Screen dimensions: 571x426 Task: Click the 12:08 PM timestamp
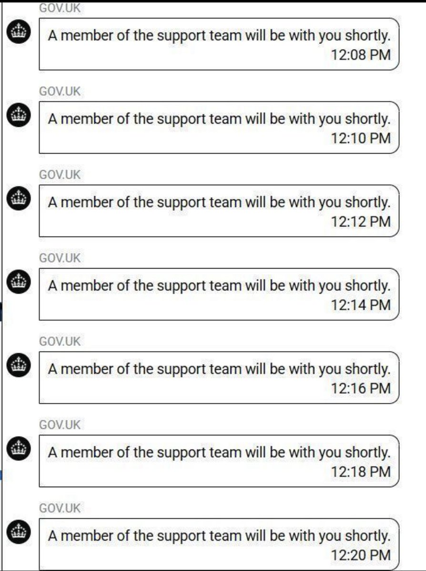point(361,55)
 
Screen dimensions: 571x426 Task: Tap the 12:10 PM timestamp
point(361,138)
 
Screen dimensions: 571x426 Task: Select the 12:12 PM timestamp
point(361,221)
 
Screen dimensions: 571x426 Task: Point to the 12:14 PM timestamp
point(361,305)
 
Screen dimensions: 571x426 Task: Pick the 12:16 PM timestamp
point(361,388)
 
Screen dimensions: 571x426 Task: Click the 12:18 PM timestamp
point(361,471)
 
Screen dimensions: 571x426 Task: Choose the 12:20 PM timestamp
point(361,555)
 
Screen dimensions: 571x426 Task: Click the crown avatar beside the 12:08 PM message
point(19,33)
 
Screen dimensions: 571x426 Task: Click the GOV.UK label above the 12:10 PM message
point(60,91)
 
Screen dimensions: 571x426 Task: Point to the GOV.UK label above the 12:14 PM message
point(60,258)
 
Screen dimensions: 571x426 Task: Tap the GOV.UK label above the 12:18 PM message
point(60,425)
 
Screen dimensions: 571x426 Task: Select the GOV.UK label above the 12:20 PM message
point(60,508)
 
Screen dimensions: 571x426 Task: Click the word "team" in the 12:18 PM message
point(226,452)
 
